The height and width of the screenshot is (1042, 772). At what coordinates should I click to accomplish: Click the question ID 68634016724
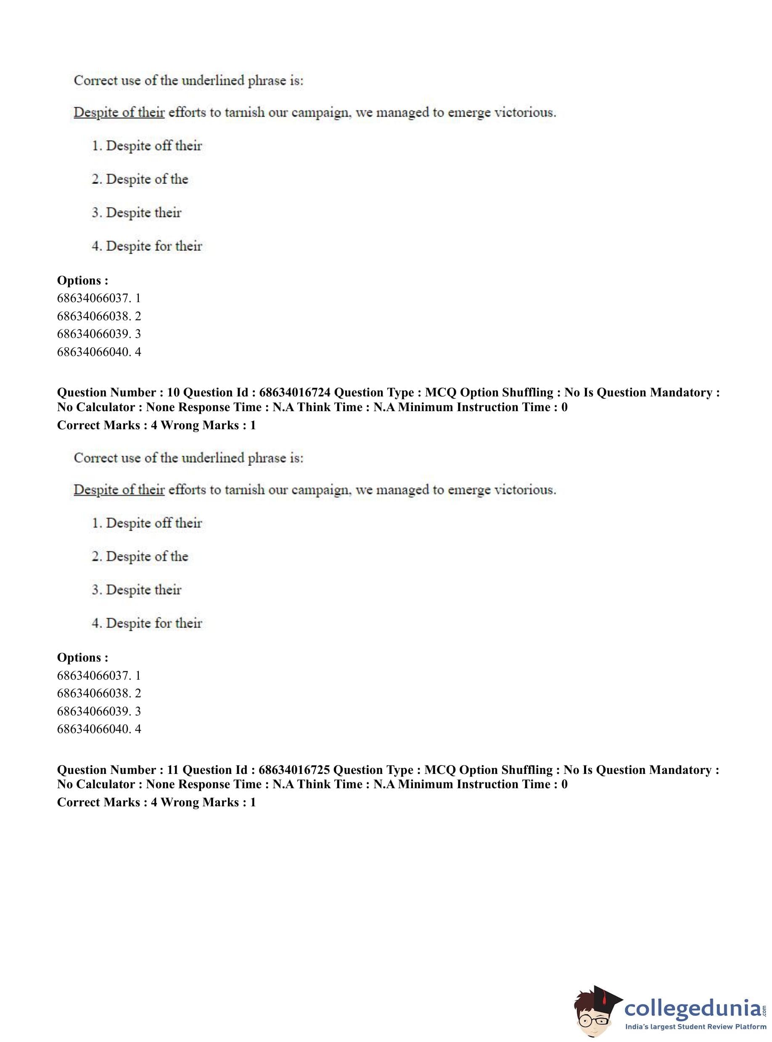294,392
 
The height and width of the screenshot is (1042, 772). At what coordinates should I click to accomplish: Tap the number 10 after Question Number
173,392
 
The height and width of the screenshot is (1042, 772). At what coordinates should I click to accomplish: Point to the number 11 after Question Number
173,770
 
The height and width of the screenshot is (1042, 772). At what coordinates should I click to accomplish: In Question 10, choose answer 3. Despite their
137,590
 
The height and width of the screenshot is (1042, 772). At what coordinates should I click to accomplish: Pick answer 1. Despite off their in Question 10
147,523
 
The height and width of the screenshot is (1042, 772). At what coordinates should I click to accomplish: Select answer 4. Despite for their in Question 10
147,623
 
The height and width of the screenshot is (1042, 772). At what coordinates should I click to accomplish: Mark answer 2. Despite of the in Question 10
140,556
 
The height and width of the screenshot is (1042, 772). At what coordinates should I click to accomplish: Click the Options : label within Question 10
83,658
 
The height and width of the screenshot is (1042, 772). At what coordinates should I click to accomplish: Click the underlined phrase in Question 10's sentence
119,490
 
